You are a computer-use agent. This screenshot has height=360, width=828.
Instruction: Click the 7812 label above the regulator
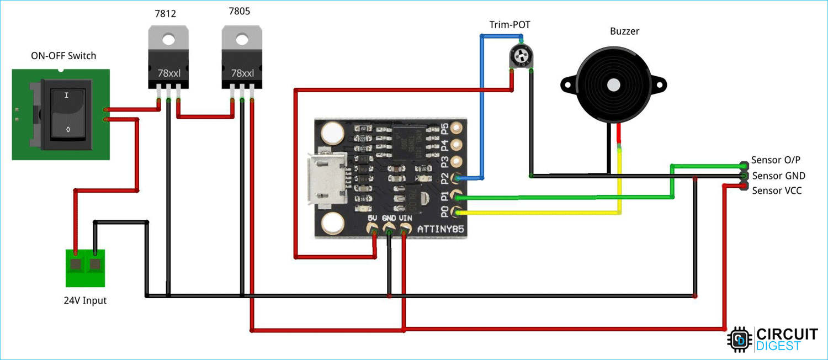click(x=166, y=14)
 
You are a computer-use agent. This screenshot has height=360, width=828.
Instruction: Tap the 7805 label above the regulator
click(x=240, y=12)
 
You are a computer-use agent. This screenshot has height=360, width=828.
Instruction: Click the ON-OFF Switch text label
click(x=63, y=56)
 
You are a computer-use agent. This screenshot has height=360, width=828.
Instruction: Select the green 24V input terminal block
click(x=85, y=267)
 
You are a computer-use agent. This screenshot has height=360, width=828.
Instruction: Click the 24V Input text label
click(x=85, y=301)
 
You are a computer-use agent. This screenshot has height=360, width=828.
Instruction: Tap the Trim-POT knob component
click(x=521, y=56)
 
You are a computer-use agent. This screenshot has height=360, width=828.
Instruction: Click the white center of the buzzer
click(x=613, y=84)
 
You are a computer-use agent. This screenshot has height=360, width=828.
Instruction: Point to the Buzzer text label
click(x=624, y=31)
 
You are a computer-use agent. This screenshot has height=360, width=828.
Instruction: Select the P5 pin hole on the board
click(x=456, y=128)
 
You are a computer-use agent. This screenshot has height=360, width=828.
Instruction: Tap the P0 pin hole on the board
click(x=456, y=211)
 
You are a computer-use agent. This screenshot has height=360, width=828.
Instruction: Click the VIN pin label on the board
click(x=405, y=219)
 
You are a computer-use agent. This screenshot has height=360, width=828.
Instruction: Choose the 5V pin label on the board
click(x=373, y=219)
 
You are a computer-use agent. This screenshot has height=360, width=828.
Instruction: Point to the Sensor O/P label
click(x=776, y=160)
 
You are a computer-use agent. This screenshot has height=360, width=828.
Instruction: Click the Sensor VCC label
click(x=777, y=190)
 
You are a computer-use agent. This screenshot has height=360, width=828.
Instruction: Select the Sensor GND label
click(x=778, y=176)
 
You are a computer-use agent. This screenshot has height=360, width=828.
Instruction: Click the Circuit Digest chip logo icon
click(x=740, y=339)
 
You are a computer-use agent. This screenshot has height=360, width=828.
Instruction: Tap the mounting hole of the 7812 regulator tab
click(x=168, y=39)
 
